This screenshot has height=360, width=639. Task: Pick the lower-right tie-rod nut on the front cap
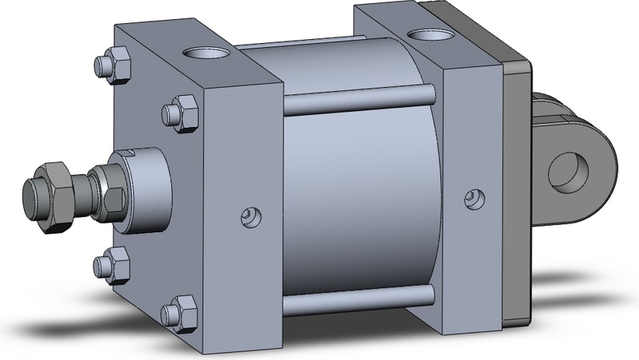click(180, 313)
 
